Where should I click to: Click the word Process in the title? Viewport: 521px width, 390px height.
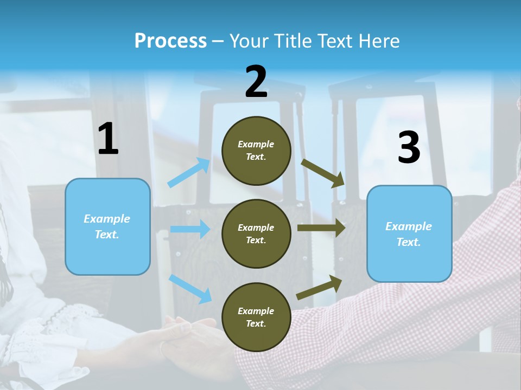pos(170,41)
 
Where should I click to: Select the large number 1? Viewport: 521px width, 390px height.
pos(108,138)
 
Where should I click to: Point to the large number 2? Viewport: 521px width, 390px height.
pos(256,81)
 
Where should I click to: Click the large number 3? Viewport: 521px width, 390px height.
pos(409,147)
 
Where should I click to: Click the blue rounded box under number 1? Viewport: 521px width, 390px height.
pos(107,226)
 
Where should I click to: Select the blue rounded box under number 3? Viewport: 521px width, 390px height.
pos(409,234)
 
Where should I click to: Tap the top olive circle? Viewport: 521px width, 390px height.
pos(256,151)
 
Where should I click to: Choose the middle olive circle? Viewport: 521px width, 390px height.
pos(256,234)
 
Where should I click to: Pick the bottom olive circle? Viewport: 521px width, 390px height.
pos(256,317)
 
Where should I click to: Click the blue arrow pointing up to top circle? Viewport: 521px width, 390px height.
pos(189,172)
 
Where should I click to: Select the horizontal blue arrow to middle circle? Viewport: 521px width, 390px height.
pos(190,229)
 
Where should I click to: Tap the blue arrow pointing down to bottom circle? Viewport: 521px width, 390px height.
pos(190,289)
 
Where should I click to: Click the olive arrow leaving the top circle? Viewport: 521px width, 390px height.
pos(322,173)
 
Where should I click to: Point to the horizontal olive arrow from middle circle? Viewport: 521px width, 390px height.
pos(321,228)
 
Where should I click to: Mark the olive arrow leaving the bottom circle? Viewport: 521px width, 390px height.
pos(319,287)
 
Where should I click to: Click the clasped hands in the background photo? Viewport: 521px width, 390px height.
pos(186,335)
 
